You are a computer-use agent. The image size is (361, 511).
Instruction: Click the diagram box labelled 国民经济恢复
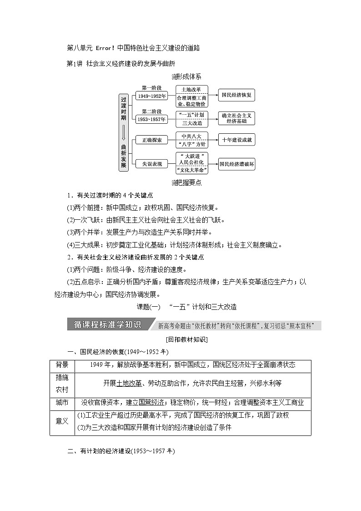coord(236,96)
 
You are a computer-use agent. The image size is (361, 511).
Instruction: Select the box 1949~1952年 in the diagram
coord(151,96)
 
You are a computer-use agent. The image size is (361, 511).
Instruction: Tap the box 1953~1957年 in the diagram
coord(151,119)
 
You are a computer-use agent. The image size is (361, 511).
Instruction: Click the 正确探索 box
coord(151,140)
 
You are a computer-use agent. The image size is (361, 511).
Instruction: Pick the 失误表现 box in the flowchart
coord(151,163)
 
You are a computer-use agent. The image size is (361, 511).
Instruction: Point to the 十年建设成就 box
coord(236,140)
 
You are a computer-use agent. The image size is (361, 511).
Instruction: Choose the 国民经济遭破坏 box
coord(236,163)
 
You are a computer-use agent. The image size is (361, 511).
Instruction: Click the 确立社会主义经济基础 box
coord(236,119)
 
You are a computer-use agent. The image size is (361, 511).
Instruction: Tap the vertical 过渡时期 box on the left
coord(123,132)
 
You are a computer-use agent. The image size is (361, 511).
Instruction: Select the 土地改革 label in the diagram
coord(191,89)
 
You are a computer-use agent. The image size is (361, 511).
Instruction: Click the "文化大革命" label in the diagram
coord(191,170)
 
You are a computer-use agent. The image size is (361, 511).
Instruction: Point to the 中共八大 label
coord(191,136)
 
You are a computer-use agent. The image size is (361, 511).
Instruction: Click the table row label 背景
coord(62,365)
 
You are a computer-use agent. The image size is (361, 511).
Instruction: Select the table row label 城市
coord(62,403)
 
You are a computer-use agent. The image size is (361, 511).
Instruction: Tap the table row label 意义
coord(62,421)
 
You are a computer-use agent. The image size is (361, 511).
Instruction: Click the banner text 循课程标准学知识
coord(108,325)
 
